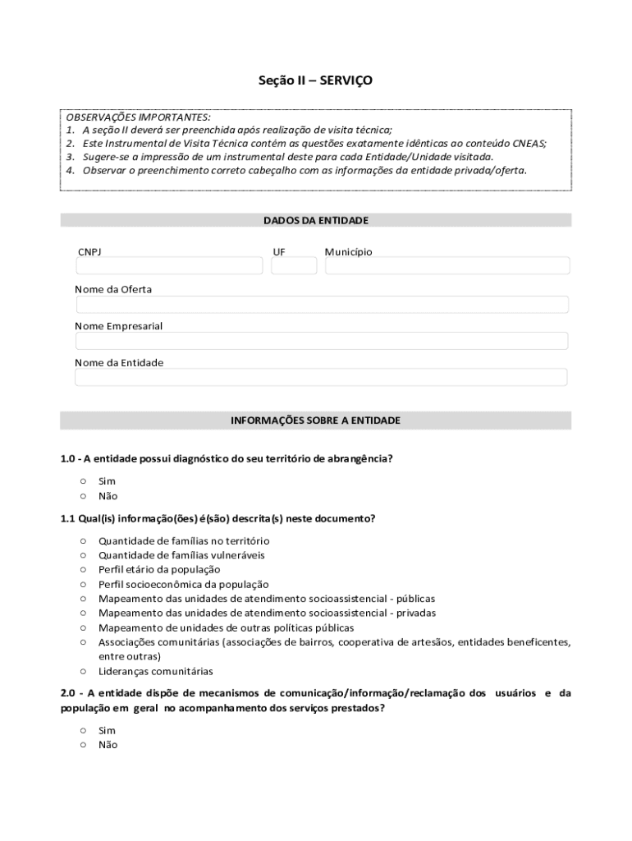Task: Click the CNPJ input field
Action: point(169,265)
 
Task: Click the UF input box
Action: point(294,265)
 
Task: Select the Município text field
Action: point(447,265)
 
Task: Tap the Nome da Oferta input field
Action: point(322,305)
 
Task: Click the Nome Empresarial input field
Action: point(322,341)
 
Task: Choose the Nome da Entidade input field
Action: point(322,377)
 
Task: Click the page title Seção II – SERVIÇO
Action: point(316,80)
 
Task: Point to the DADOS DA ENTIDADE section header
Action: point(316,220)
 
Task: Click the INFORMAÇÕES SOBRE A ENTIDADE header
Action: point(316,420)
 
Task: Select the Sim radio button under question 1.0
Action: point(83,481)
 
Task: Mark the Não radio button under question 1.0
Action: point(83,496)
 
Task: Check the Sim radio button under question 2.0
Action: point(83,730)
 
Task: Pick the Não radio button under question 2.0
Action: point(83,745)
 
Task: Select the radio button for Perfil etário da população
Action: point(83,569)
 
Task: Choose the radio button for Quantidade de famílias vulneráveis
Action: point(83,555)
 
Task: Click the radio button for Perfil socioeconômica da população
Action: point(83,584)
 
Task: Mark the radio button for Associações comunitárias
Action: point(83,642)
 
